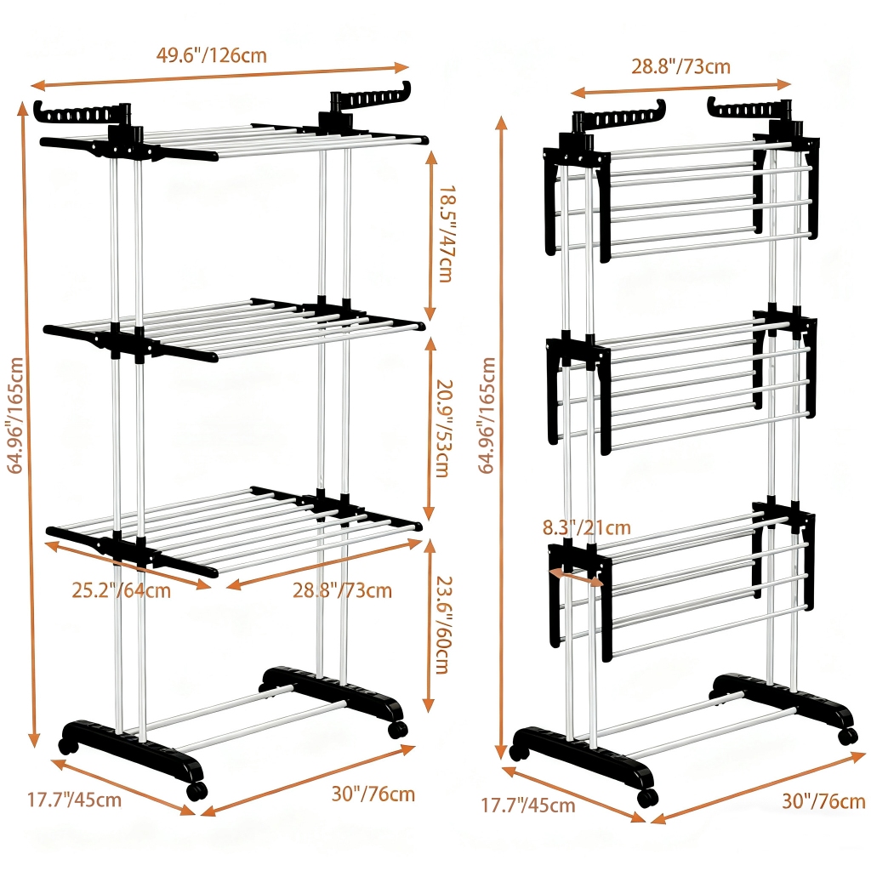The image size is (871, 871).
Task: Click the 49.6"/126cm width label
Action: [x=211, y=55]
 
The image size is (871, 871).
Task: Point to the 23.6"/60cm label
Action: [x=442, y=625]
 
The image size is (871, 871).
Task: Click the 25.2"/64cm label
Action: [x=121, y=590]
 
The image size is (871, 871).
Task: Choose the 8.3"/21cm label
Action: [x=587, y=527]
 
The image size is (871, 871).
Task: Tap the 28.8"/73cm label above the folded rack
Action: [x=680, y=66]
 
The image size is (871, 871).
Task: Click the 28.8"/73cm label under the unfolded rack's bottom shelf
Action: [x=342, y=590]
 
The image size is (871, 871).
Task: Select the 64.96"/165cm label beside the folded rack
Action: [x=487, y=415]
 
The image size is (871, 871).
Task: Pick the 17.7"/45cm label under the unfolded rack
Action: [x=75, y=800]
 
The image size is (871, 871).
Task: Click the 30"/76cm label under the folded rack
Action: [x=823, y=801]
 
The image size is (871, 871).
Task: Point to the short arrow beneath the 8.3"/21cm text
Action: [x=576, y=578]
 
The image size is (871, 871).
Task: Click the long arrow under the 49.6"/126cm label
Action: [x=220, y=77]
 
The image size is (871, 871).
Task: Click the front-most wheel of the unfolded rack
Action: [x=196, y=791]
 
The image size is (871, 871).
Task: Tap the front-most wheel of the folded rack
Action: [x=647, y=798]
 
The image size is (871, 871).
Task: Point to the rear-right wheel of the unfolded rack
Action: [x=397, y=729]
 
